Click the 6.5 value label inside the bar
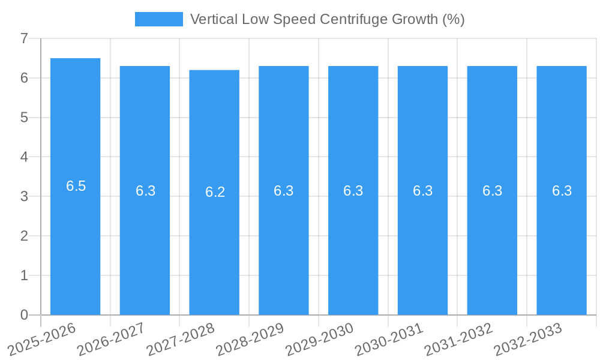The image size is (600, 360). click(76, 186)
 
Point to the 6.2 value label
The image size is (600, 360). click(215, 192)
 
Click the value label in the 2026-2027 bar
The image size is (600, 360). click(145, 191)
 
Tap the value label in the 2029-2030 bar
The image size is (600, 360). click(353, 191)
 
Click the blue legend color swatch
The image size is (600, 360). click(158, 19)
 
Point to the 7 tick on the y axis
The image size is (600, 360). click(24, 38)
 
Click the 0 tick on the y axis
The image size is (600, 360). click(24, 315)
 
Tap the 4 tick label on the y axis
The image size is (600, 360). click(24, 157)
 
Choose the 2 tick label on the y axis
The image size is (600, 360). click(24, 236)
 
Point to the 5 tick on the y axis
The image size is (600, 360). click(24, 118)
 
